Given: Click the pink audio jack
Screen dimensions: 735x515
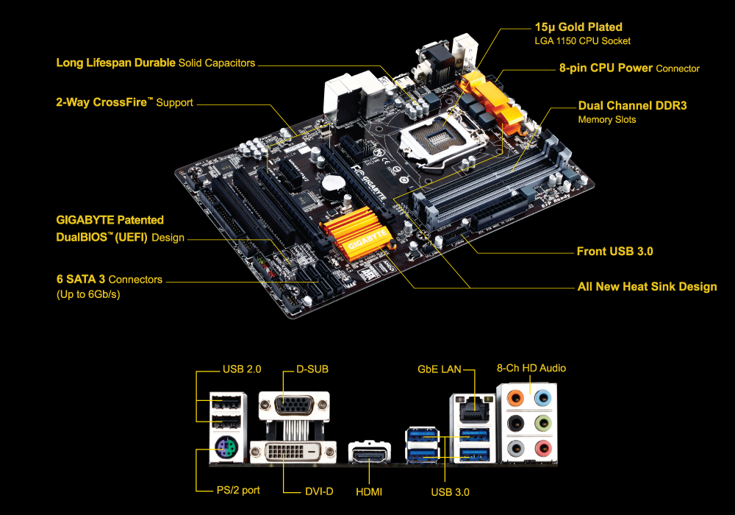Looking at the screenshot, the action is (543, 448).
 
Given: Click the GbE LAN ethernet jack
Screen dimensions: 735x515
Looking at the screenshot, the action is (473, 411).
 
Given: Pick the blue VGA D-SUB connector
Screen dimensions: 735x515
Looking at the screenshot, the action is (295, 405).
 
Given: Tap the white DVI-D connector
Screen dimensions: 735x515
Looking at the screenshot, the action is (293, 452).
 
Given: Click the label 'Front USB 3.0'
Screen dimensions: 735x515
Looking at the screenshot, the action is (614, 252).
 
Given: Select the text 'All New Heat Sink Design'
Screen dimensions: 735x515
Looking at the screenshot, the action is (647, 287).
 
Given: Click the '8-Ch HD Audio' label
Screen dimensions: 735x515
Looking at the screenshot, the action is (531, 368).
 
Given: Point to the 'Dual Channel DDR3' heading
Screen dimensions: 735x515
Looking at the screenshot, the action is (632, 105).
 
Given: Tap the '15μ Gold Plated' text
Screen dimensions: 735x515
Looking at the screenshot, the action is (578, 27).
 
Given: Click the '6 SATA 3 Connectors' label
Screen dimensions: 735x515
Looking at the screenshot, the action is (110, 280).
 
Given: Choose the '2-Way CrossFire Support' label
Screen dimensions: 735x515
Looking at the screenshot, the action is (124, 102).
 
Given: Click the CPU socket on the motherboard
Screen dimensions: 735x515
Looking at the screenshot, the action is (440, 138).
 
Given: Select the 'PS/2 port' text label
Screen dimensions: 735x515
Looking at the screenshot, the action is (238, 490).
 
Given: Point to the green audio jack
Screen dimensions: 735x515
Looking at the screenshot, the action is (543, 424).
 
